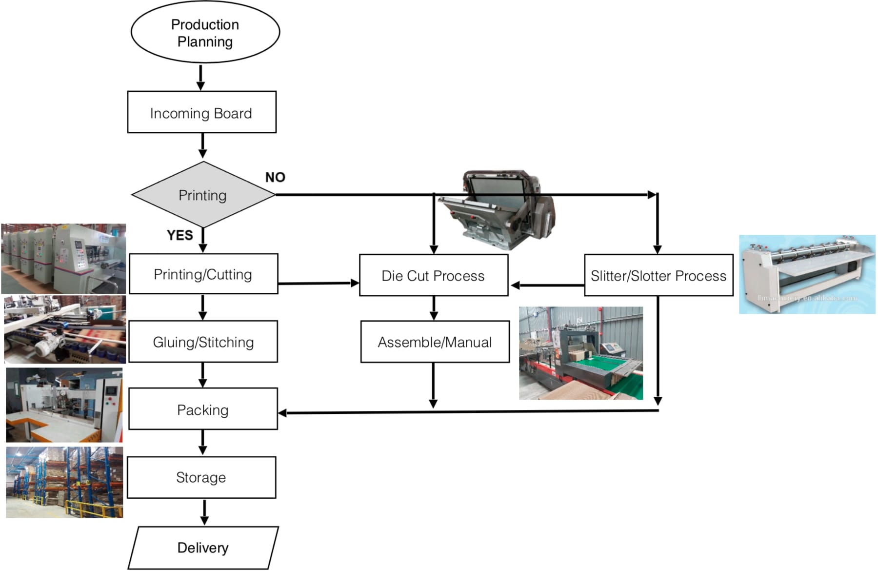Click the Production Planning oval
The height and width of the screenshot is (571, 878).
tap(205, 33)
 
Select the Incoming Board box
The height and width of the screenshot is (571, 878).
tap(201, 112)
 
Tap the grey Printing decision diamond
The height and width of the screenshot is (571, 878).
tap(202, 195)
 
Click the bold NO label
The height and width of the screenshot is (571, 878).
tap(275, 177)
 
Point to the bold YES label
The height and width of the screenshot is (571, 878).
tap(180, 235)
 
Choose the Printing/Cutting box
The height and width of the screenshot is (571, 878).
tap(203, 274)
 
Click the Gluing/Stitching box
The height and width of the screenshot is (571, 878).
tap(203, 342)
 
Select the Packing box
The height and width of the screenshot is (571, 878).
tap(203, 409)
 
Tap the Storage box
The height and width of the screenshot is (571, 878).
tap(201, 477)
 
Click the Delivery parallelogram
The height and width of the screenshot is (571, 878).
tap(203, 547)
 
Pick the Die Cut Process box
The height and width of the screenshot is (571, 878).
tap(433, 275)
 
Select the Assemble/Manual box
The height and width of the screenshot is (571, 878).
tap(435, 342)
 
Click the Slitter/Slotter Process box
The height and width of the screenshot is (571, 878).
tap(658, 275)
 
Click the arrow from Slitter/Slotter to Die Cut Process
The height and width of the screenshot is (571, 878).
tap(546, 285)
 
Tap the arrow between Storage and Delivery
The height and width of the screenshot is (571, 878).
tap(204, 511)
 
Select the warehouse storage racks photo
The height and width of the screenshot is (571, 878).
tap(64, 482)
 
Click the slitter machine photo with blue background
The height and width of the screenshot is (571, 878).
tap(807, 274)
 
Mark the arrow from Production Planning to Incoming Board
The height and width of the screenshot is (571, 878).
tap(200, 77)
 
